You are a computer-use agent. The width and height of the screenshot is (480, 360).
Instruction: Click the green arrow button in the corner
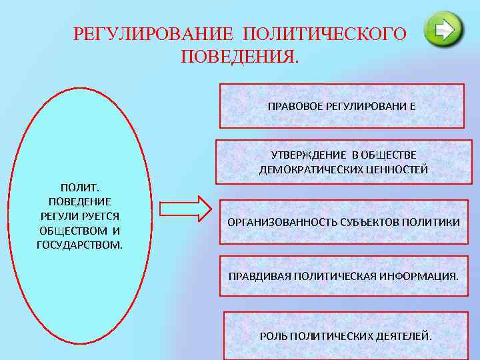tap(443, 29)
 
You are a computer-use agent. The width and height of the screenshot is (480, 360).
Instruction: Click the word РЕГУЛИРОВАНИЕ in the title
tap(153, 34)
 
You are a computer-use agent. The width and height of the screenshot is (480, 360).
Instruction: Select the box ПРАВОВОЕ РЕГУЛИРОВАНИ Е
tap(341, 106)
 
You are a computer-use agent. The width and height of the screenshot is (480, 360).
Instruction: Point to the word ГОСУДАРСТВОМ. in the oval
tap(80, 245)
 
